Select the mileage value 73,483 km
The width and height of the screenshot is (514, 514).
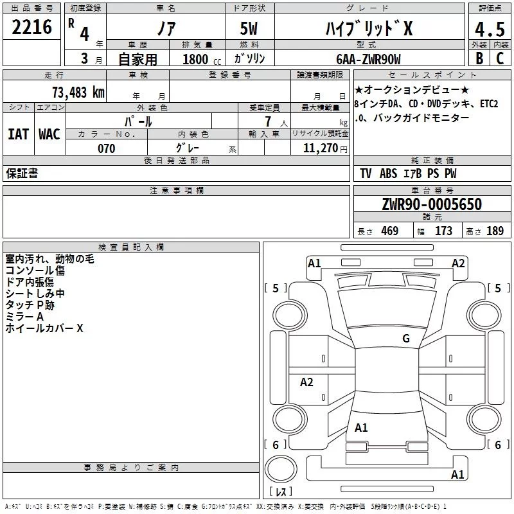click(78, 92)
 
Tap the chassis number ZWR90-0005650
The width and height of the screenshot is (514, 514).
click(431, 204)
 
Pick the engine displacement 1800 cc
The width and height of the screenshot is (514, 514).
click(197, 59)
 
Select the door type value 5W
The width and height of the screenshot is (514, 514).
click(250, 29)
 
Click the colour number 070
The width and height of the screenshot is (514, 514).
click(106, 148)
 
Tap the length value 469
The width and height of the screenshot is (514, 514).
click(389, 231)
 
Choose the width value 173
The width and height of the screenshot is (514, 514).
click(443, 231)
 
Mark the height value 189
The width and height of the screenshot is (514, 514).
click(495, 231)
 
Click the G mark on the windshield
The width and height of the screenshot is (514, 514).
click(405, 339)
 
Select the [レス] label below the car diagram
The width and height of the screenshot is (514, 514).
click(281, 492)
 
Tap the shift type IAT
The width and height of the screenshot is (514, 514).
click(18, 134)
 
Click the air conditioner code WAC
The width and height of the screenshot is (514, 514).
click(49, 134)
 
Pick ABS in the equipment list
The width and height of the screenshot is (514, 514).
click(388, 173)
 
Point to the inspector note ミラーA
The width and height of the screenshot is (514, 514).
click(24, 317)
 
